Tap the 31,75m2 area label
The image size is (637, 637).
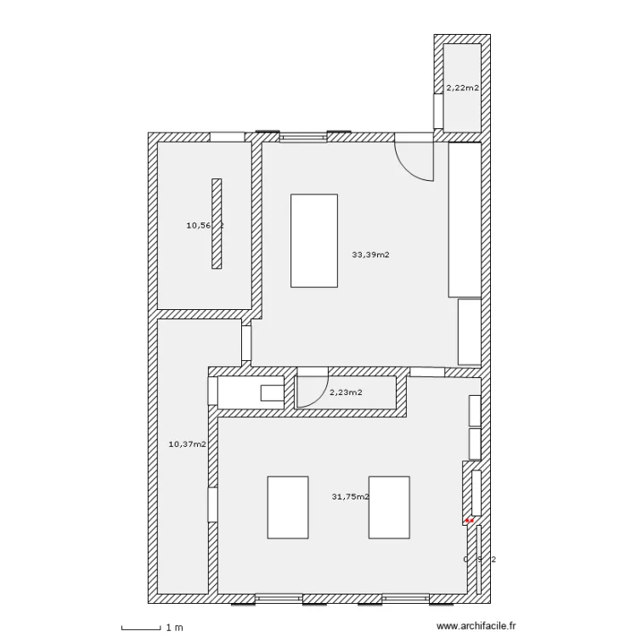(350, 497)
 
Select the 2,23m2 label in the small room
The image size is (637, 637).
(346, 392)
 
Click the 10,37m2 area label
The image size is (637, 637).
(187, 443)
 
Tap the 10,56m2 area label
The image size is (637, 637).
(204, 225)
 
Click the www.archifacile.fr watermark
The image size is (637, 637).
(476, 627)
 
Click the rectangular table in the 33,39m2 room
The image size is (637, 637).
(314, 240)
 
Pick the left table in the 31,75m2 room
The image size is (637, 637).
(288, 507)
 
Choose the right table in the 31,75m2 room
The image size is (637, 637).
(389, 507)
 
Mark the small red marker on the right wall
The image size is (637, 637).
(468, 520)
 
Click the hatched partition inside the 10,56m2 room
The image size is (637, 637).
(217, 223)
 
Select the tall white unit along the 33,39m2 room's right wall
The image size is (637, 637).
(465, 220)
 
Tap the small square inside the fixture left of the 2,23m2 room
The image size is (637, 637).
(272, 392)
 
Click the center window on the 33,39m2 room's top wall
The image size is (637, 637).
(303, 136)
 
